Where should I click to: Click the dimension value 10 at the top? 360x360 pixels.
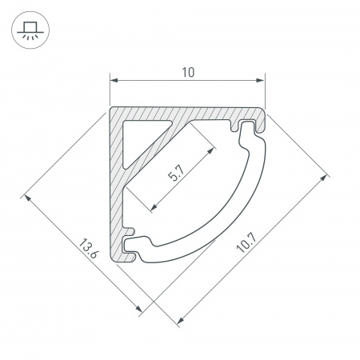coord(188,72)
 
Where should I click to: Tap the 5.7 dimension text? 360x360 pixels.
coord(176,173)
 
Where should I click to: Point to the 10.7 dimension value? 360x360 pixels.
coord(247,242)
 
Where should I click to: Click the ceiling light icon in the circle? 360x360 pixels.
coord(30,30)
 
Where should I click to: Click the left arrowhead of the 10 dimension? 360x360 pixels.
coord(114,80)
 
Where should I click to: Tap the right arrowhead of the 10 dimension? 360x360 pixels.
coord(260,80)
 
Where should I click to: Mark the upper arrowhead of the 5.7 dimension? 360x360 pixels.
coord(211,150)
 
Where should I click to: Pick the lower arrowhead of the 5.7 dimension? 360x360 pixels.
coord(154,207)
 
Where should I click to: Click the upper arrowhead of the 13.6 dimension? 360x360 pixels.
coord(27,198)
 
